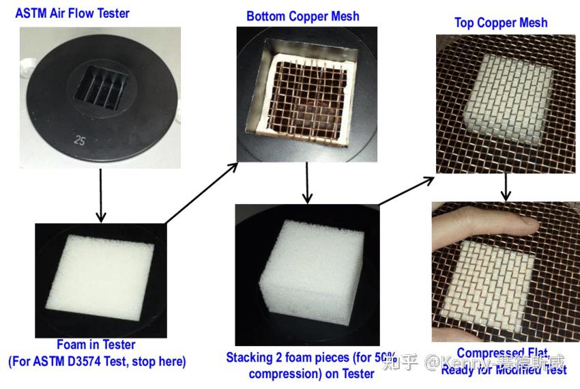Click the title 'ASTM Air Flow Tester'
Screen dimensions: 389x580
point(72,13)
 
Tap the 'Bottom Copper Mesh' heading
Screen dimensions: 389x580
point(302,16)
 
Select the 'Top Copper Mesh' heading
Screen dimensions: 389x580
point(501,23)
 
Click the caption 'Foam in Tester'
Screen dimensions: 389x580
point(96,345)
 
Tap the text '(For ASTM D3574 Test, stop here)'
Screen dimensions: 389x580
point(96,361)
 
